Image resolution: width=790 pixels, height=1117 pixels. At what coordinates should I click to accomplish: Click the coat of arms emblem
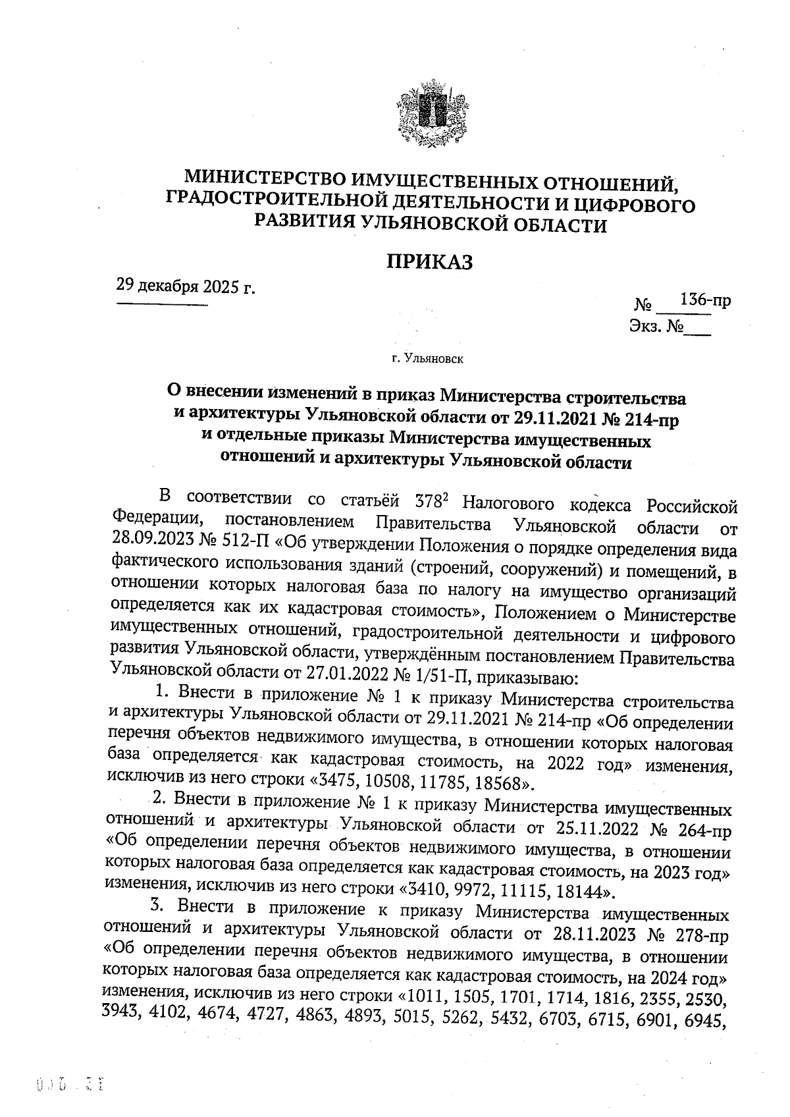click(x=429, y=113)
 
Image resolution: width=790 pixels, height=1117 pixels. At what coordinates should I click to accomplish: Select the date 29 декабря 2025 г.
click(x=186, y=286)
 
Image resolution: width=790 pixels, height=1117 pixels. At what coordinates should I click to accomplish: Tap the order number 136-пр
click(x=705, y=300)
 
